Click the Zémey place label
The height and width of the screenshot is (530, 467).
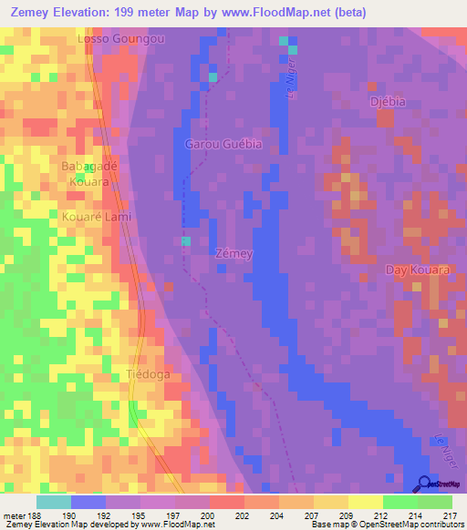[234, 253]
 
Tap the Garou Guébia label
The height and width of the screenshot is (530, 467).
[223, 144]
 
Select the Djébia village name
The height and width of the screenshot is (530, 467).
[386, 100]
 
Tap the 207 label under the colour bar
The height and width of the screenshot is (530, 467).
[294, 515]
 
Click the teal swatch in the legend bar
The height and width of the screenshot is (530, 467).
[54, 502]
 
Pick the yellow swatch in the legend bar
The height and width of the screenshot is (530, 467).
[366, 502]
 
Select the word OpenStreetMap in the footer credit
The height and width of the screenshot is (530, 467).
[388, 525]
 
